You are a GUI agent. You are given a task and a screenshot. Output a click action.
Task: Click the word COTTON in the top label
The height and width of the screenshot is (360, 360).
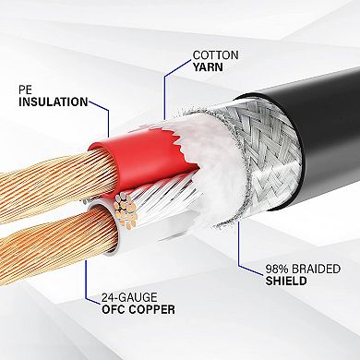tap(216, 54)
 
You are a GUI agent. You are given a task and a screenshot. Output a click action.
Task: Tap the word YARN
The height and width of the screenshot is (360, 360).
tap(210, 66)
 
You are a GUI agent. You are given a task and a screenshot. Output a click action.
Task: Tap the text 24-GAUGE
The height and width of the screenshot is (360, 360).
tap(115, 299)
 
